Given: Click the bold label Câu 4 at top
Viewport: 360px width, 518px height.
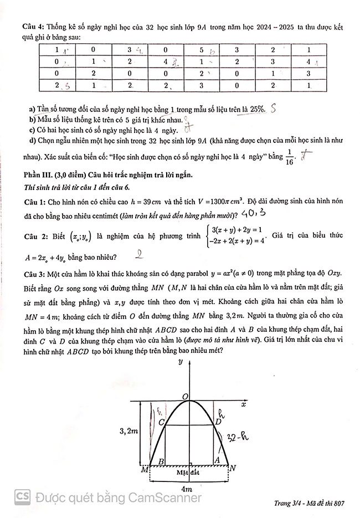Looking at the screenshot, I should [30, 27].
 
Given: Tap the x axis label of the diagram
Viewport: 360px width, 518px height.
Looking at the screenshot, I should [243, 405].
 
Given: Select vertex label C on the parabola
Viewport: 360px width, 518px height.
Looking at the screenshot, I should [161, 423].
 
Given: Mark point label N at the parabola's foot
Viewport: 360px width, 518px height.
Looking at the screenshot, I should [233, 469].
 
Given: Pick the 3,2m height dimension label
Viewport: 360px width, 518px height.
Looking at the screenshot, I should [128, 429].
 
